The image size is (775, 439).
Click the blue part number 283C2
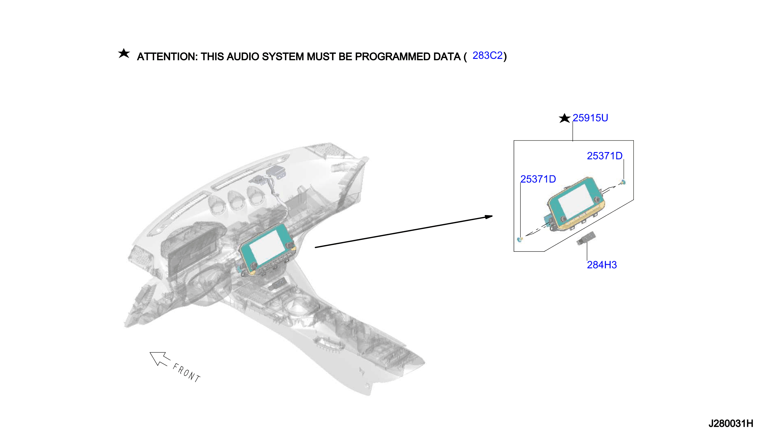coord(487,56)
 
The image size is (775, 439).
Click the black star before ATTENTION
coord(124,53)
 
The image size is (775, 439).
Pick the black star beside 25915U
coord(564,118)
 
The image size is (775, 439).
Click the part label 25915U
coord(590,118)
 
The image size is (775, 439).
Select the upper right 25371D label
coord(604,156)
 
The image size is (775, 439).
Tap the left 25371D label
coord(538,179)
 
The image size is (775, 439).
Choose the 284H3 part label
coord(602,265)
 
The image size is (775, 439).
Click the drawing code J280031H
coord(731,424)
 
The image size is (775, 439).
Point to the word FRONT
coord(186,373)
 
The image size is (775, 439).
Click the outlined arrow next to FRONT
coord(160,359)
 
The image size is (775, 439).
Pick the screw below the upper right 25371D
coord(623,182)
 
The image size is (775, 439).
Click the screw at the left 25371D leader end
coord(520,239)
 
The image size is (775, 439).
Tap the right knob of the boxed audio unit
coord(597,200)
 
